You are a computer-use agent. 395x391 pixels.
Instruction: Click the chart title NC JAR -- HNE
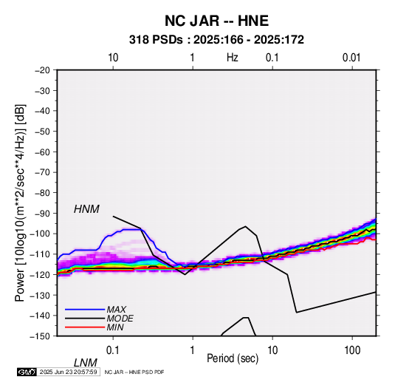point(216,21)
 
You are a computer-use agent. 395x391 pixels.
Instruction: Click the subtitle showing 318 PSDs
point(216,40)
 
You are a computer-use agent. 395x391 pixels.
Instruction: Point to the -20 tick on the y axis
point(42,70)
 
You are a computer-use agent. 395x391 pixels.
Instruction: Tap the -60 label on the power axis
point(42,152)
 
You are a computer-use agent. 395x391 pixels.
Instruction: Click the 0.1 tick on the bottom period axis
point(113,350)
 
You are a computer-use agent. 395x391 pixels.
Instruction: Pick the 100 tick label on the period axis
point(351,350)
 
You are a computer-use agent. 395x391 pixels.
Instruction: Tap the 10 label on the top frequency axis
point(113,58)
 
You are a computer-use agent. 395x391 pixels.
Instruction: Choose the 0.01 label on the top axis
point(351,58)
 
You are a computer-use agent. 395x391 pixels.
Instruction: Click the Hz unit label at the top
point(233,58)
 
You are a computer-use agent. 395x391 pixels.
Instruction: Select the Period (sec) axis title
point(233,358)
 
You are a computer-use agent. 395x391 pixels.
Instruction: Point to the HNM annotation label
point(86,209)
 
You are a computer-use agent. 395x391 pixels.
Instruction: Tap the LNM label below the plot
point(86,363)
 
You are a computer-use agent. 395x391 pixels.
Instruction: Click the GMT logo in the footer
point(27,372)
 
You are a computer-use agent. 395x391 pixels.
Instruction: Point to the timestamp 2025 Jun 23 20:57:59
point(68,372)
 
